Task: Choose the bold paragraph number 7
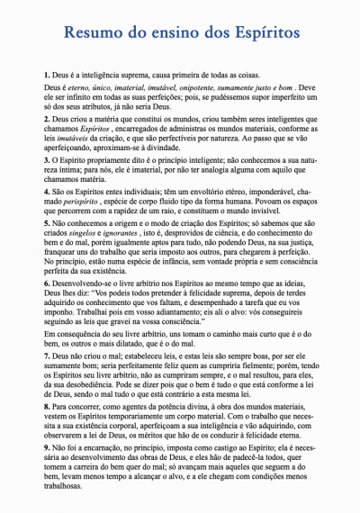(x=47, y=332)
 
